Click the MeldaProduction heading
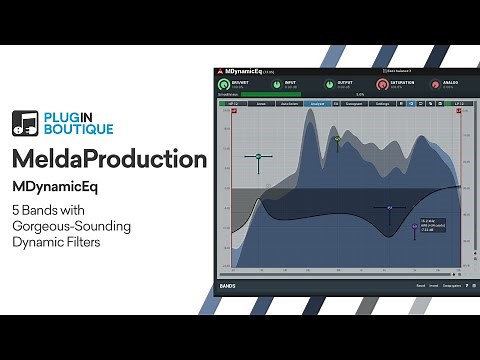110,159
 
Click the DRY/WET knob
225,86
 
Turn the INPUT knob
274,86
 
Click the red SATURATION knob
380,86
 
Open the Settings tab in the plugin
381,102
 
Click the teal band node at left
259,157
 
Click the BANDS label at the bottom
228,286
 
